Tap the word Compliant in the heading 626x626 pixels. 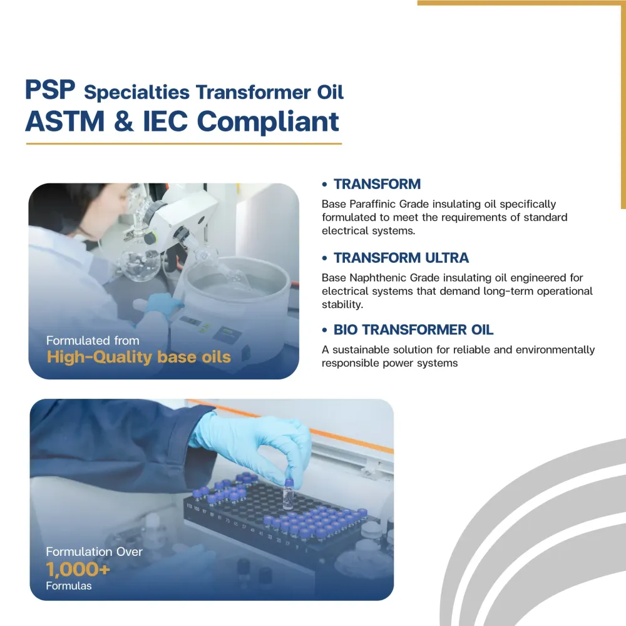point(268,122)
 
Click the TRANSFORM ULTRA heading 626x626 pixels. point(401,258)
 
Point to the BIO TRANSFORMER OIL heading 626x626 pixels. point(413,330)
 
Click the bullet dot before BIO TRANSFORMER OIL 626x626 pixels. point(324,330)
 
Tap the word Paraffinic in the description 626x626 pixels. point(372,204)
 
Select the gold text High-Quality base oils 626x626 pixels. point(138,357)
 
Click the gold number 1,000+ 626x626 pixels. point(78,569)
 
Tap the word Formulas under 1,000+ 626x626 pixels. point(69,586)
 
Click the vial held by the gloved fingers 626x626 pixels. point(288,495)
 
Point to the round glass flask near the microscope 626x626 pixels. point(140,265)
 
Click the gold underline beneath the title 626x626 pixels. point(183,144)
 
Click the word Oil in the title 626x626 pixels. point(330,92)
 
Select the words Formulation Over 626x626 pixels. point(95,552)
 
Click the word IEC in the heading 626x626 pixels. point(165,121)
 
